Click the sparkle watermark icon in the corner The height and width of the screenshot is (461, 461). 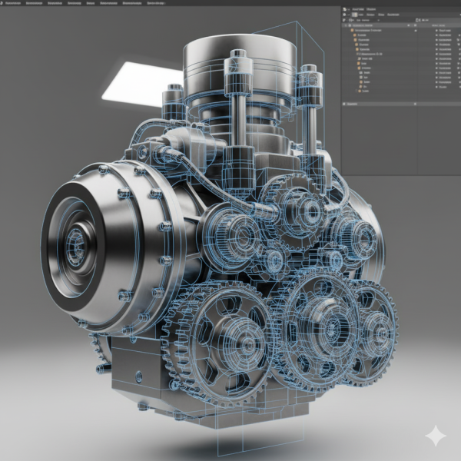pos(435,436)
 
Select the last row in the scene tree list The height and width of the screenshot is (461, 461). pos(364,91)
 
